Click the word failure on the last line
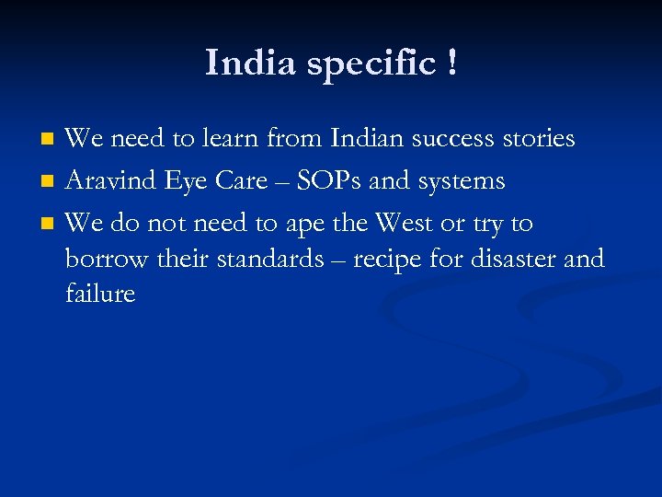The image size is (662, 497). (100, 294)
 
